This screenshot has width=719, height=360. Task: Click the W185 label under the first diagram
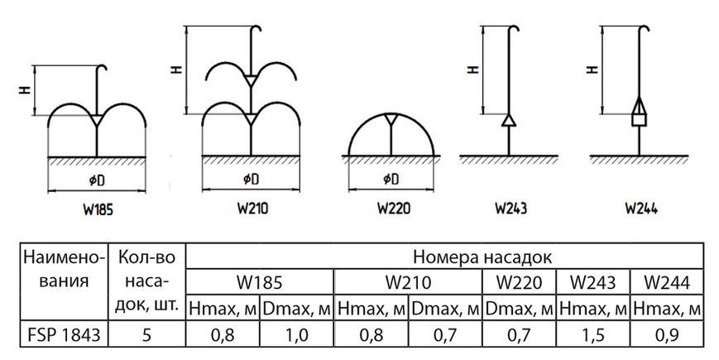coord(98,210)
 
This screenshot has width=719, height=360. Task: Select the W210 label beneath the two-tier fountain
coord(252,209)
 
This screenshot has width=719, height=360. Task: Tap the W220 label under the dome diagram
coord(394,209)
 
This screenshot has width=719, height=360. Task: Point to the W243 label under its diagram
coord(511,209)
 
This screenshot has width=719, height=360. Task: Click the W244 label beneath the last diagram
coord(641,209)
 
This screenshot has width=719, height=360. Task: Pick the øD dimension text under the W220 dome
coord(391,179)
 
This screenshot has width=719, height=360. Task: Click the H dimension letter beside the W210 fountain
coord(177,70)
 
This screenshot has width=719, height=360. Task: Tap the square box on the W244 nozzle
coord(640,120)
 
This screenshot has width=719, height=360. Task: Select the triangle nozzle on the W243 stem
coord(509,120)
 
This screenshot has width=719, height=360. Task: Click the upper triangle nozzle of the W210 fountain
coord(251,81)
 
